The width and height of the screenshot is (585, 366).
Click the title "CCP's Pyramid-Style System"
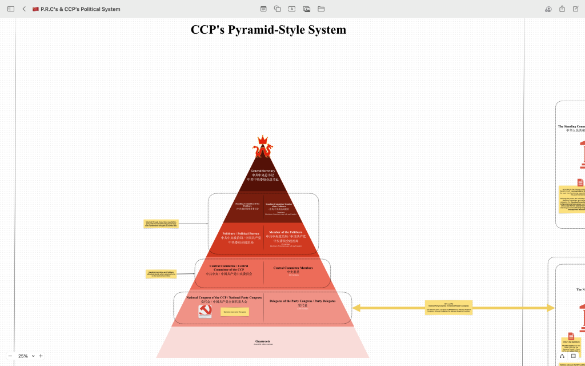(x=268, y=30)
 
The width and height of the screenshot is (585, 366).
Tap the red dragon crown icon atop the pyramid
(x=263, y=147)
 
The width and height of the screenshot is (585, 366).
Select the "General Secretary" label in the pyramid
(x=263, y=171)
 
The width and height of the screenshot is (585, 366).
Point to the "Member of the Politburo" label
(x=286, y=232)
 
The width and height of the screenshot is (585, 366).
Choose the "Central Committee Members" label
(x=292, y=268)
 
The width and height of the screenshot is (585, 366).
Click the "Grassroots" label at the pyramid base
(x=263, y=341)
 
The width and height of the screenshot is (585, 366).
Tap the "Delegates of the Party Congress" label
(x=302, y=301)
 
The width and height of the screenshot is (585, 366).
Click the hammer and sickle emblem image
(x=205, y=311)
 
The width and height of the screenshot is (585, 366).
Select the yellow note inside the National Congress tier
(x=235, y=312)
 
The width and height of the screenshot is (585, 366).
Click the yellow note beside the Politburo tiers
(x=161, y=224)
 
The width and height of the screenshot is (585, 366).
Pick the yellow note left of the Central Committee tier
(x=161, y=274)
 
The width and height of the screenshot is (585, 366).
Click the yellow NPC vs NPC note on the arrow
(x=448, y=308)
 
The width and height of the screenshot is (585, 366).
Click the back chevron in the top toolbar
(x=24, y=9)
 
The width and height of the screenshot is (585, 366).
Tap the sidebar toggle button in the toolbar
(x=11, y=9)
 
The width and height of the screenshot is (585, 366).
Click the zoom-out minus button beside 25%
(x=10, y=356)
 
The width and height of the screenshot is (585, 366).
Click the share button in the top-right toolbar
(x=562, y=9)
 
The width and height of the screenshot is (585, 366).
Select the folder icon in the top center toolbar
(x=321, y=9)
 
